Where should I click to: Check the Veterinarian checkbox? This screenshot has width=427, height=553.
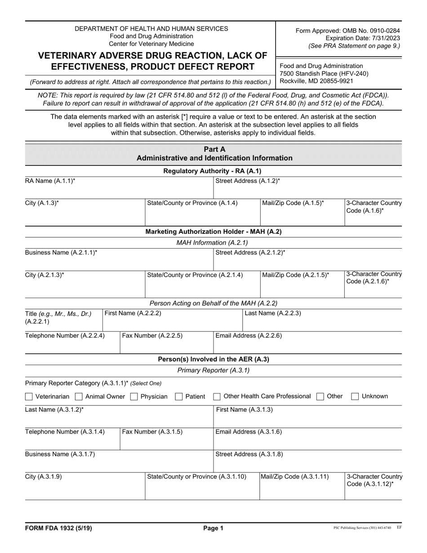29,397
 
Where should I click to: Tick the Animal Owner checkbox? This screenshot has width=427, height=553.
79,397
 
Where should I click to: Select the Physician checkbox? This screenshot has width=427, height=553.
134,397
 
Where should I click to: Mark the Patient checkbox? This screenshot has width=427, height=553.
178,397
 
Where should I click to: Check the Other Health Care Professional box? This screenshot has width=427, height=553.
217,397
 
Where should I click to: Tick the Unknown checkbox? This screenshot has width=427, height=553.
355,397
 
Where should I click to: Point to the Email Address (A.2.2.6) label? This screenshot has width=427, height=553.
249,335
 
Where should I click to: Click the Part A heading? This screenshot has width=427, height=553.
214,149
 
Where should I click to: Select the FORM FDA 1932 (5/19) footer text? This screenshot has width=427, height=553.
58,529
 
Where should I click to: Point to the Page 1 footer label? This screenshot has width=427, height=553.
213,529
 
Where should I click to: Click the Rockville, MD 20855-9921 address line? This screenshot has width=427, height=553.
316,81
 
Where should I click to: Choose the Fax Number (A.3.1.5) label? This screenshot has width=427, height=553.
152,432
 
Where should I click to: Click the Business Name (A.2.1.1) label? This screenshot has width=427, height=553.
61,253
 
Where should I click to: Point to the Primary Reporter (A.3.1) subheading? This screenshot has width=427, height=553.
213,370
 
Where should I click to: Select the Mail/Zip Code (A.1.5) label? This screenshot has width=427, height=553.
293,203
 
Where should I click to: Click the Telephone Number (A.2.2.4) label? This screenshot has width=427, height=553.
65,335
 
